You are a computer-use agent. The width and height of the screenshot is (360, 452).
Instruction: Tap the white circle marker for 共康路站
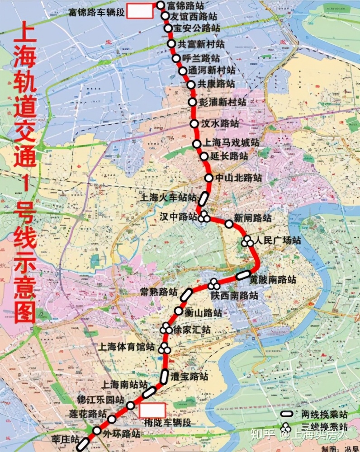189,84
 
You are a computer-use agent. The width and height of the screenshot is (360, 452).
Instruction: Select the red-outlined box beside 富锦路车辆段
139,11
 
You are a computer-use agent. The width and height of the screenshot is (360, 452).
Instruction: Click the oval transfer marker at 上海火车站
204,197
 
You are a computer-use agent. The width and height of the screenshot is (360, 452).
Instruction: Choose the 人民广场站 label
277,240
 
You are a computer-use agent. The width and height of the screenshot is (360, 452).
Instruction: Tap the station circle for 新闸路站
229,223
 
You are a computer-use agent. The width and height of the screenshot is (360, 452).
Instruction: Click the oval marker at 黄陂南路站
243,274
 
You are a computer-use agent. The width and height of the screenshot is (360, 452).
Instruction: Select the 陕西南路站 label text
234,296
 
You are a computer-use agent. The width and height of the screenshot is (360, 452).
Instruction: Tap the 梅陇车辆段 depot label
166,423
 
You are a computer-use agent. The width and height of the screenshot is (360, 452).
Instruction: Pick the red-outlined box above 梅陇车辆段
152,410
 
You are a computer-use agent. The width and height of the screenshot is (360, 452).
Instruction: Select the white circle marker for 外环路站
97,430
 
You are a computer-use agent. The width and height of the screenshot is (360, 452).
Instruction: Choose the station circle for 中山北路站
208,178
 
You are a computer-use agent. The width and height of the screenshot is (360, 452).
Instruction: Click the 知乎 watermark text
265,435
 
